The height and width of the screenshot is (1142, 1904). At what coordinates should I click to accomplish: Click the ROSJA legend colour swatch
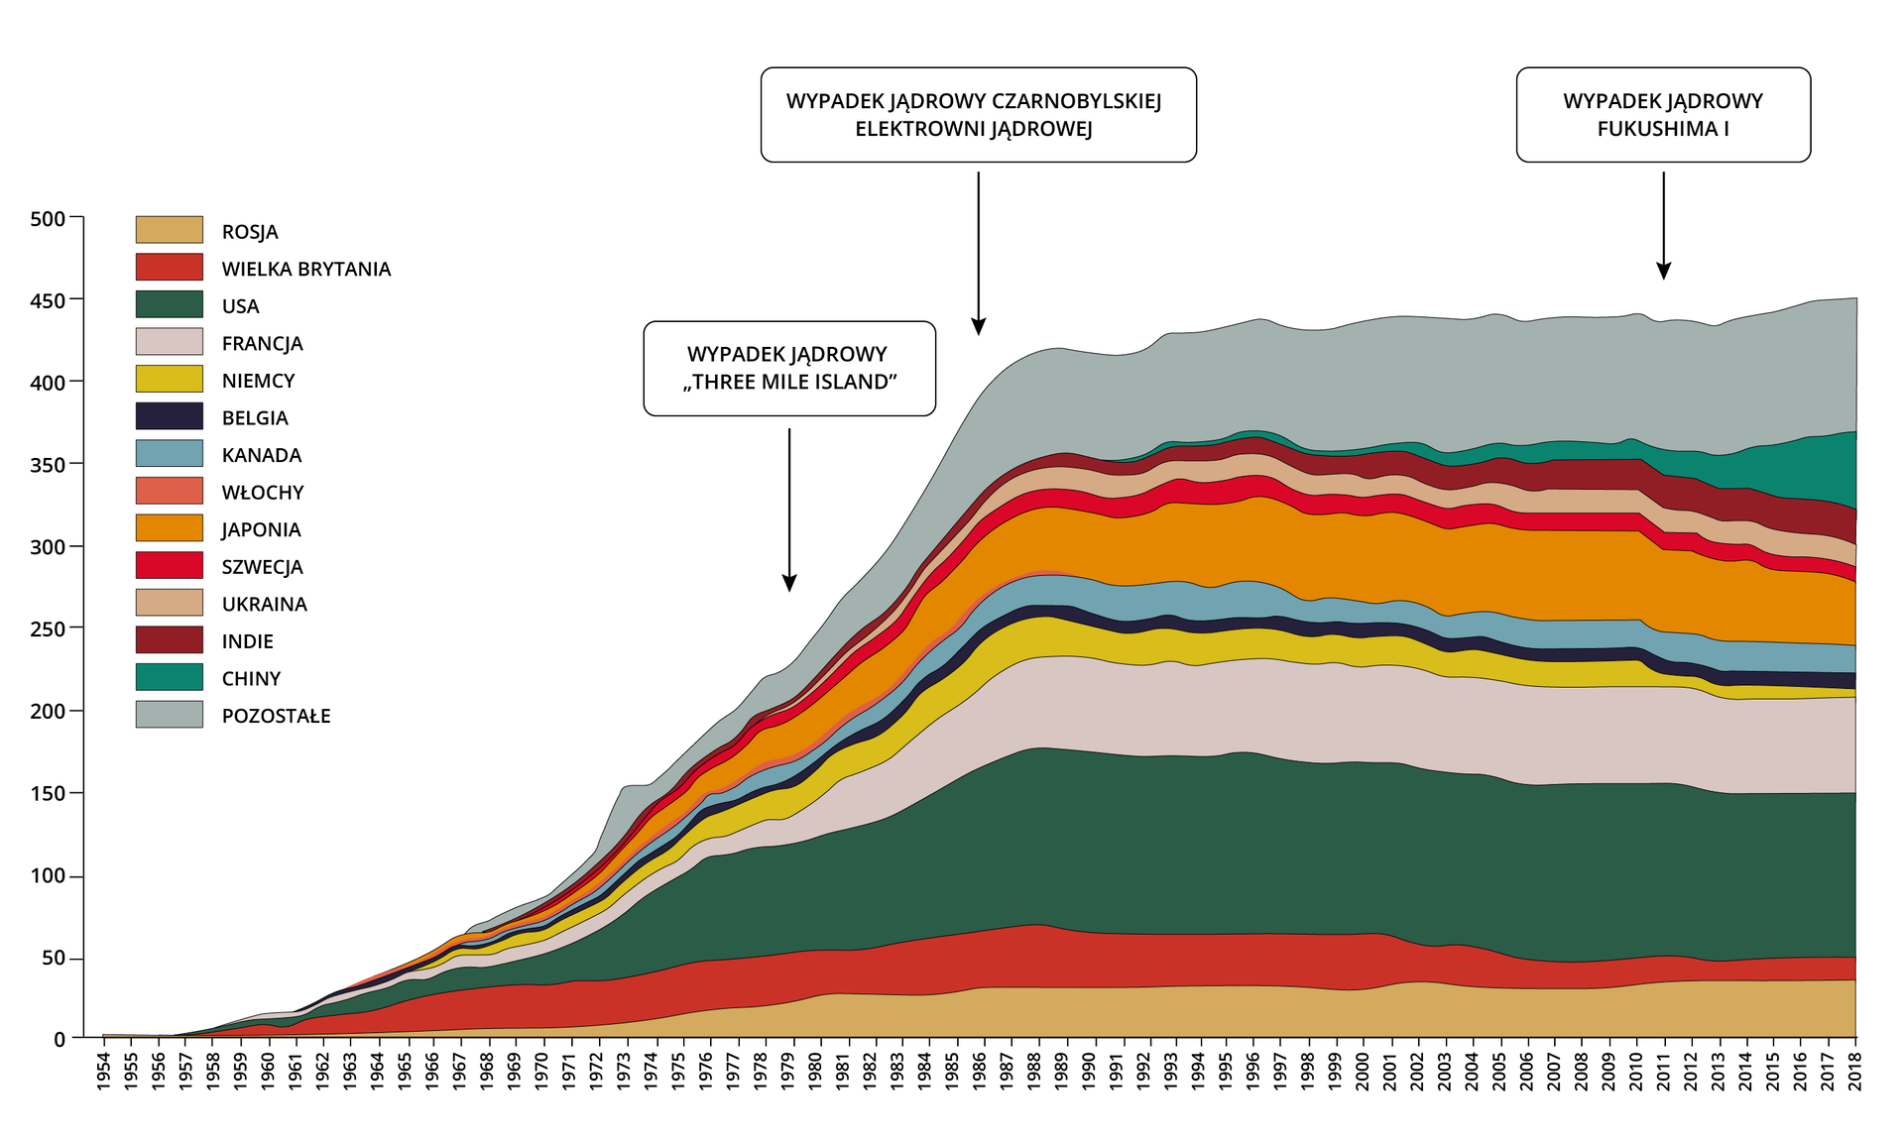click(x=169, y=230)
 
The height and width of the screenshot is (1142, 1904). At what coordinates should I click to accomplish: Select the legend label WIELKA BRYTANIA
click(x=305, y=269)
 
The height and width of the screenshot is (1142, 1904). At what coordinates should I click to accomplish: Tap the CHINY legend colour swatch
click(x=169, y=677)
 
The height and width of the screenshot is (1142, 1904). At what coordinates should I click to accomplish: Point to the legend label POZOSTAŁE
click(x=276, y=716)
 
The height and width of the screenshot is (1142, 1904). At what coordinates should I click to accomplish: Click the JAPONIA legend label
click(x=261, y=529)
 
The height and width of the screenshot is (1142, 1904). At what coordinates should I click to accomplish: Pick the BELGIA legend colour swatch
click(x=169, y=416)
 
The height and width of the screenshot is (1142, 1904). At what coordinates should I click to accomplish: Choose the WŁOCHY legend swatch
click(x=169, y=491)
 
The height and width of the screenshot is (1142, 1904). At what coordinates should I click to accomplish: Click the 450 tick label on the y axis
click(x=47, y=300)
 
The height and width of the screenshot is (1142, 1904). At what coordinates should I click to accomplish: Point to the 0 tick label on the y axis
click(x=59, y=1039)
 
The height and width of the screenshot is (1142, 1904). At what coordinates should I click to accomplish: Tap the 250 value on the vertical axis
click(x=47, y=628)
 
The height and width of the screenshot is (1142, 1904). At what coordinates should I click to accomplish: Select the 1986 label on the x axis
click(x=979, y=1072)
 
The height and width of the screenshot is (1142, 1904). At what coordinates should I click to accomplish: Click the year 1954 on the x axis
click(x=103, y=1072)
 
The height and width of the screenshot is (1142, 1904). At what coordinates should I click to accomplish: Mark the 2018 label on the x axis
click(x=1855, y=1072)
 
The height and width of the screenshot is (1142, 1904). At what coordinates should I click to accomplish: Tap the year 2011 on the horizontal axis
click(x=1665, y=1072)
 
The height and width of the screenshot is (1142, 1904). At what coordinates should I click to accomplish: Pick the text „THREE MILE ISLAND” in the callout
click(x=789, y=383)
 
